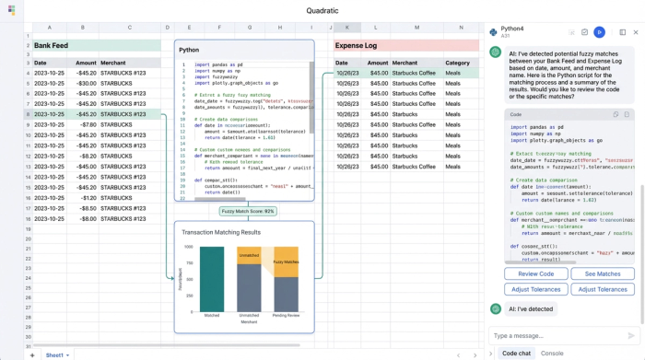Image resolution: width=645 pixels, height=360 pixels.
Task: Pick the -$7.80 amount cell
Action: coord(88,124)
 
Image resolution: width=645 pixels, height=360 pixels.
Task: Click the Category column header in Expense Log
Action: coord(457,63)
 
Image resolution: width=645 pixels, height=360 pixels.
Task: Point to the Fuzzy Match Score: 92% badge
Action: coord(247,211)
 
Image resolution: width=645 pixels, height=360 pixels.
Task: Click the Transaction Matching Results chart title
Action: coord(221,232)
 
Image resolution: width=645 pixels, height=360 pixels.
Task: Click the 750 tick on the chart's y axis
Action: coord(189,262)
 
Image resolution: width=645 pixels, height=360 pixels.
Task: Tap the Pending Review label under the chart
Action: coord(285,315)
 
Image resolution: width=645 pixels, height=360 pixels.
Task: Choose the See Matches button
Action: coord(603,273)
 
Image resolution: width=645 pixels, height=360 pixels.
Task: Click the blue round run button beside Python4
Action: coord(599,32)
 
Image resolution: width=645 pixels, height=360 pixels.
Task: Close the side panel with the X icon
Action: coord(635,32)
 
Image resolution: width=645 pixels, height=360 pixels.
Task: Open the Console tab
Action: coord(552,353)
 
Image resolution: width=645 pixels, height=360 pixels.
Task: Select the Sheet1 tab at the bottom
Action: coord(54,354)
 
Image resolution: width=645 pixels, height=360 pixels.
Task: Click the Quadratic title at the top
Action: coord(322,11)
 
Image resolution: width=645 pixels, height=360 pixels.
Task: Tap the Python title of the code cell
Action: coord(189,50)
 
